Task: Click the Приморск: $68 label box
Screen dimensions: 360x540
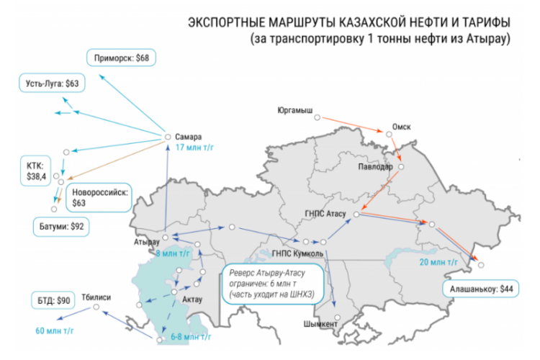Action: [122, 57]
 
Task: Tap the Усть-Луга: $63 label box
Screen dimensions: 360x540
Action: [49, 84]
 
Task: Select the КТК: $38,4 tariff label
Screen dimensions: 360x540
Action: [36, 171]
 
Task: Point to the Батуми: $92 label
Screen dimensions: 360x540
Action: [64, 226]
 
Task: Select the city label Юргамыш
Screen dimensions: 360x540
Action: [294, 111]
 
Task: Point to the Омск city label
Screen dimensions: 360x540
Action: [401, 126]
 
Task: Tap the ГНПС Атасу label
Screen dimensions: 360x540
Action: [328, 214]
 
